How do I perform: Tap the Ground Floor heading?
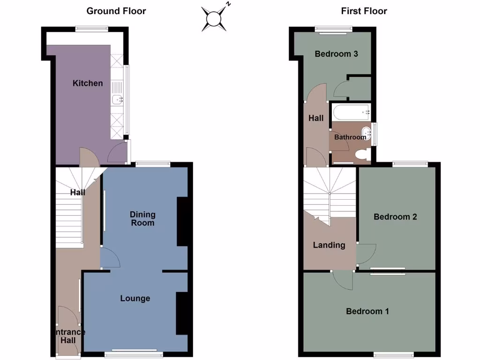point(116,11)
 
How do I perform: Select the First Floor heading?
point(364,11)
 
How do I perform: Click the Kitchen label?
point(88,83)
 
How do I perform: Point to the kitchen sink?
point(117,98)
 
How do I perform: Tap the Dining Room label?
point(142,218)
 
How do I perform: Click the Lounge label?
point(135,298)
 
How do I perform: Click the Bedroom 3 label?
point(336,54)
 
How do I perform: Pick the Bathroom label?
point(350,137)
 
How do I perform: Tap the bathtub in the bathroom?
point(351,112)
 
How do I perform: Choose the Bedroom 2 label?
point(395,217)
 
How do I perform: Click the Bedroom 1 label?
point(367,311)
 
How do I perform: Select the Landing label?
point(329,245)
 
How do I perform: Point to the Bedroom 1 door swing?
point(344,280)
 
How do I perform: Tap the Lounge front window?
point(134,353)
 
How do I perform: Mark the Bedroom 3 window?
point(334,30)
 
